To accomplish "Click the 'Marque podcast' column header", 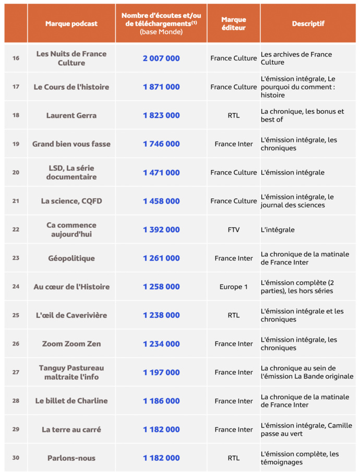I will (x=71, y=23).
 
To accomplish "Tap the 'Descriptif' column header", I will (x=308, y=23).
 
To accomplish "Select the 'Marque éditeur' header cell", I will (x=233, y=23).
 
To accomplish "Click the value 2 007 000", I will (x=161, y=58).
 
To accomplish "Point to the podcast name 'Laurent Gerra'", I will (x=71, y=115).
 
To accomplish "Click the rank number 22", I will (x=16, y=230).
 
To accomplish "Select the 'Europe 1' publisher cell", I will (x=233, y=287).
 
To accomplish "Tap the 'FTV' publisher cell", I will (x=233, y=230).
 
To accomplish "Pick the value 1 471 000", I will (x=161, y=173).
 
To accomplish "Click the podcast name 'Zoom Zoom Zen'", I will (x=71, y=344).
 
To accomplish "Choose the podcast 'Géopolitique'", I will (x=71, y=258).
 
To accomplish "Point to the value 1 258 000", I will (x=161, y=287).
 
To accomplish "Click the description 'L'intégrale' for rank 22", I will (x=278, y=230).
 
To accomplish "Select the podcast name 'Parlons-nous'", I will (x=71, y=458).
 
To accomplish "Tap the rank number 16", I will (x=16, y=58).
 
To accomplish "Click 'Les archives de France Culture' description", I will (x=296, y=58).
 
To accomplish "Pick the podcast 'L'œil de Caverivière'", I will (x=71, y=315).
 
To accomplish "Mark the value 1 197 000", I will (x=161, y=372).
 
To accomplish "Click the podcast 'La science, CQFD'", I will (x=71, y=201).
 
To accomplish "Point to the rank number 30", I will (x=16, y=458).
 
